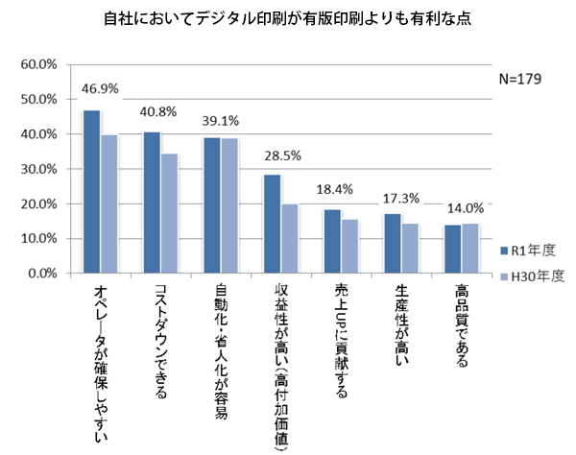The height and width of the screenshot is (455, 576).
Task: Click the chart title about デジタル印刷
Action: click(x=288, y=18)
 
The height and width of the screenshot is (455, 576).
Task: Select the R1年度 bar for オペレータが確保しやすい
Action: click(x=92, y=192)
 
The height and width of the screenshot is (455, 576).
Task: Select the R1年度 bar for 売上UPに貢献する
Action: click(x=332, y=241)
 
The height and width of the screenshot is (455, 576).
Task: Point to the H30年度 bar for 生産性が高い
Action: click(x=410, y=249)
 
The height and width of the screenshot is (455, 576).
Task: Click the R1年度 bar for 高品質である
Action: click(x=452, y=249)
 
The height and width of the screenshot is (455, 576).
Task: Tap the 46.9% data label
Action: click(x=101, y=88)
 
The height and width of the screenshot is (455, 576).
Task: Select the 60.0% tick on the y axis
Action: click(x=39, y=64)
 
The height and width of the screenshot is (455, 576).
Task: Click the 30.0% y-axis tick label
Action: click(x=39, y=169)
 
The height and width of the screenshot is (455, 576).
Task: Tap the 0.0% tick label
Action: click(x=42, y=274)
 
